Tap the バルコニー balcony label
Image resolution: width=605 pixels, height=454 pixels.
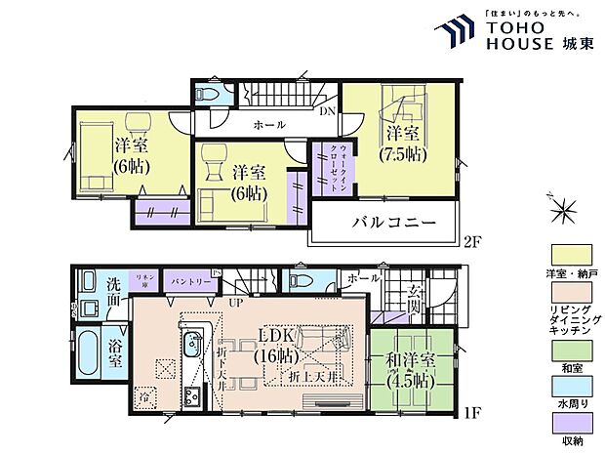tap(387, 224)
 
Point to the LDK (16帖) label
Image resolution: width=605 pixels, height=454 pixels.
tap(278, 347)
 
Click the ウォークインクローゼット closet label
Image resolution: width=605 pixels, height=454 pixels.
tap(323, 165)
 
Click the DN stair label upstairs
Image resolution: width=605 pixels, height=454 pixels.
tap(327, 112)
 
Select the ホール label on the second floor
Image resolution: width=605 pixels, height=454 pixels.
tap(269, 125)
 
